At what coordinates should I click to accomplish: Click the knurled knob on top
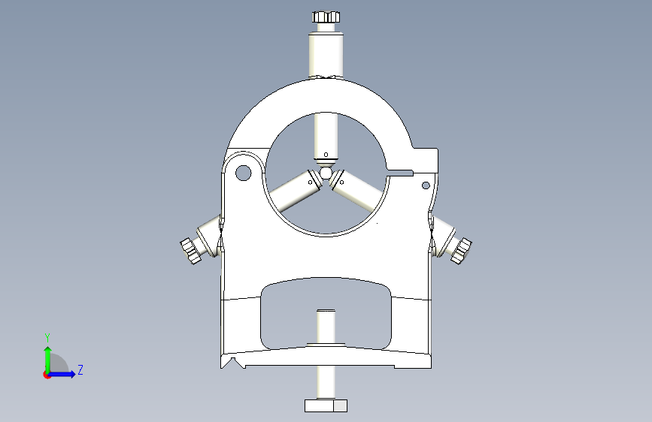(326, 17)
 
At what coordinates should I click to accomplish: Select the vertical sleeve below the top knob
(326, 53)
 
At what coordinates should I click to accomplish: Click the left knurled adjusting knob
(191, 250)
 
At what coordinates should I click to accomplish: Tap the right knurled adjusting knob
(461, 250)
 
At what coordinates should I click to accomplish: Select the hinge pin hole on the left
(243, 173)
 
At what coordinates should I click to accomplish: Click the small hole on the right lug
(426, 185)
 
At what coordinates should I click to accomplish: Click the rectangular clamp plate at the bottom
(326, 405)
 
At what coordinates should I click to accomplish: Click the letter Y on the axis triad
(47, 337)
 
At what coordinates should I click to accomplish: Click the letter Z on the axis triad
(80, 370)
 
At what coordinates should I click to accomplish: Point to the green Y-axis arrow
(47, 357)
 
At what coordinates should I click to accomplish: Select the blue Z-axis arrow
(65, 374)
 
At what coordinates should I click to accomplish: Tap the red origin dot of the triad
(47, 375)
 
